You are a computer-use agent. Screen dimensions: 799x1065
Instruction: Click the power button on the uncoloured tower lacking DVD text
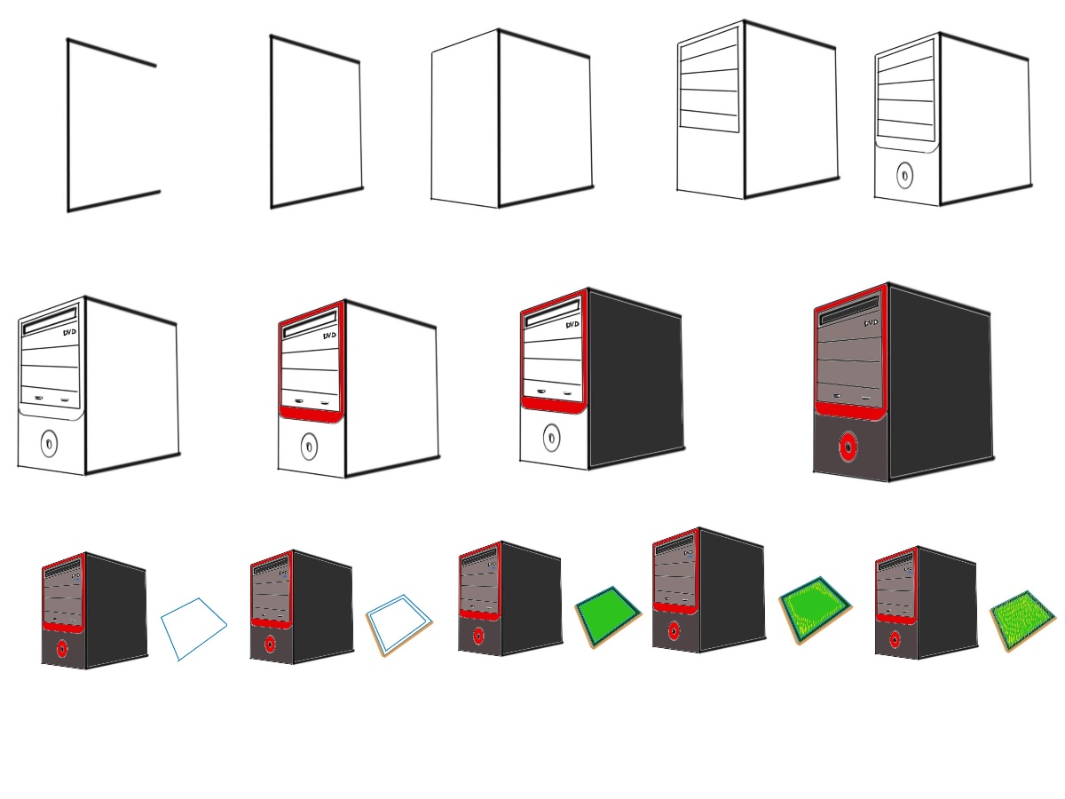(x=904, y=175)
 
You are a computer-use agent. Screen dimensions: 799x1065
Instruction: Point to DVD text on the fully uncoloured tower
(x=69, y=332)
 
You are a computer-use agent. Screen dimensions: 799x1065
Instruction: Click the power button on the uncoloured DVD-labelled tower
(x=49, y=442)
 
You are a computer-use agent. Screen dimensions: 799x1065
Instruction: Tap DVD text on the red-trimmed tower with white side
(x=329, y=336)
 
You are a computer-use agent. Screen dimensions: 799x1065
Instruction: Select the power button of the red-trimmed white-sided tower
(x=309, y=446)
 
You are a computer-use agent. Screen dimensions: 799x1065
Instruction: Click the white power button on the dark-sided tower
(x=551, y=437)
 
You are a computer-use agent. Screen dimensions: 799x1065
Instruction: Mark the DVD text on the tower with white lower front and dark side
(x=572, y=325)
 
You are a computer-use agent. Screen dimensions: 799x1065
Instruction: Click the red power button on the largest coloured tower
(x=848, y=447)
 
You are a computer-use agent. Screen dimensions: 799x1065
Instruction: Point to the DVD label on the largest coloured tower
(x=871, y=323)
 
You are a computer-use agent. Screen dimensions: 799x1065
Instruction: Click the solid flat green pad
(x=608, y=614)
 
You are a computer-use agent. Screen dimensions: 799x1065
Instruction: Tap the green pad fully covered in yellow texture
(x=1023, y=620)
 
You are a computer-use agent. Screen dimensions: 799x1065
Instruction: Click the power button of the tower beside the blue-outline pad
(x=62, y=648)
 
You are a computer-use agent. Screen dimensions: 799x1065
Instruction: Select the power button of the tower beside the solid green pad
(x=478, y=636)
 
